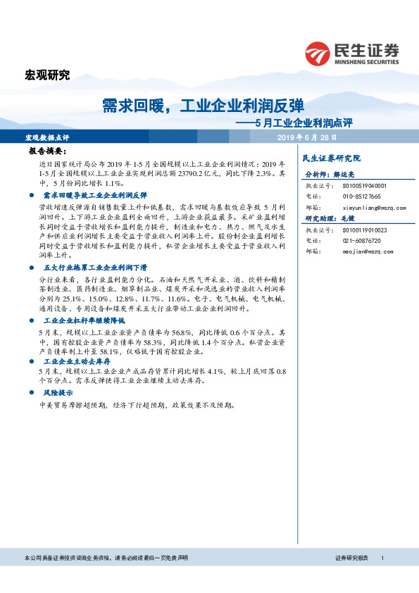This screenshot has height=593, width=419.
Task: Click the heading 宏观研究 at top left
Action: (x=47, y=76)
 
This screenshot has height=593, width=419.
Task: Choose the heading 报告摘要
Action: (x=47, y=151)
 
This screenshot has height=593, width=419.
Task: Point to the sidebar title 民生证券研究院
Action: (x=330, y=158)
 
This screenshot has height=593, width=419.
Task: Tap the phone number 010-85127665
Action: (x=362, y=196)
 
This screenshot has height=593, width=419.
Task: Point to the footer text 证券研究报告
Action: (x=352, y=558)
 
